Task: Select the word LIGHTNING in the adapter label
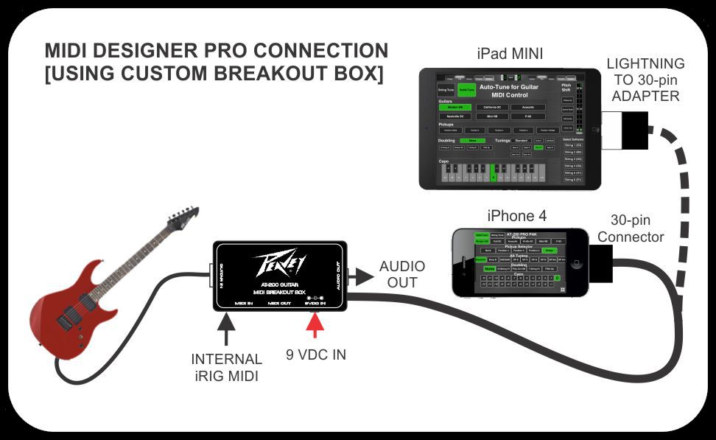(x=645, y=64)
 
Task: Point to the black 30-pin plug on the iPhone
(x=601, y=264)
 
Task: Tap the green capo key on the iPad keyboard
(x=492, y=176)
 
